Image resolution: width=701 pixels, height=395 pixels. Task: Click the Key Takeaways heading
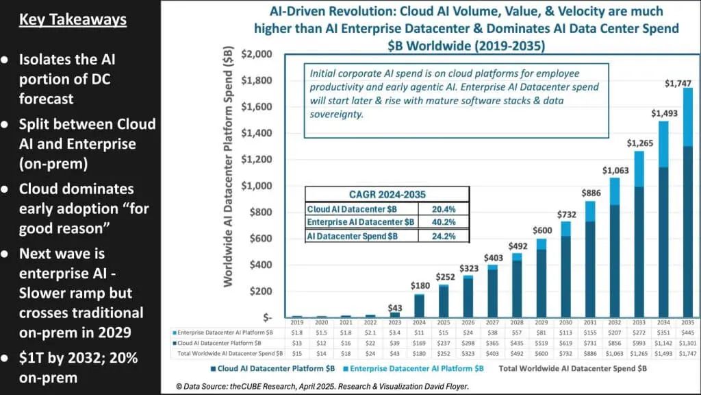[73, 19]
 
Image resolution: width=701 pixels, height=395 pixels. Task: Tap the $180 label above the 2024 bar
[420, 285]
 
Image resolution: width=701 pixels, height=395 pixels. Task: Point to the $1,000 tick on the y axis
[257, 186]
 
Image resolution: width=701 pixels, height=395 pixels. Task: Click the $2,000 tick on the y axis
[257, 54]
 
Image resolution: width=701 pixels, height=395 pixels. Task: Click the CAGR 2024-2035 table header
[387, 194]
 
